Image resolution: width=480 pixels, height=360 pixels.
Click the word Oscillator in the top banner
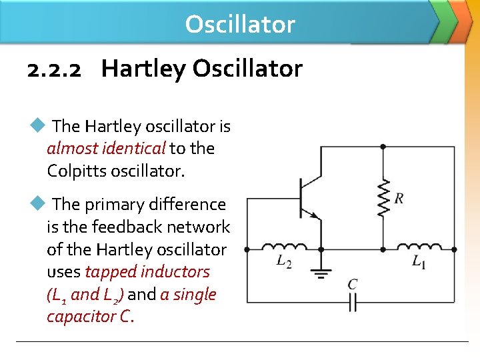click(x=240, y=24)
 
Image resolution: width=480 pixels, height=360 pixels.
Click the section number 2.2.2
click(x=55, y=69)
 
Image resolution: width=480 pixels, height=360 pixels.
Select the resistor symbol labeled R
click(x=383, y=197)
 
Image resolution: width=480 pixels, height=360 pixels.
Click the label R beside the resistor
click(x=399, y=198)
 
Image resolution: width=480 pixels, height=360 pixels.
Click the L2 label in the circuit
click(x=284, y=262)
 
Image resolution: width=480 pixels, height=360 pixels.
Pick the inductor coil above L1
click(x=419, y=247)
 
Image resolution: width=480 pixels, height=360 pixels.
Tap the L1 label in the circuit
click(x=419, y=262)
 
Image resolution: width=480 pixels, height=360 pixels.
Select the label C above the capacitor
click(x=353, y=285)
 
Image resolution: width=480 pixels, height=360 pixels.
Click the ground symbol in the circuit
click(x=322, y=272)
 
